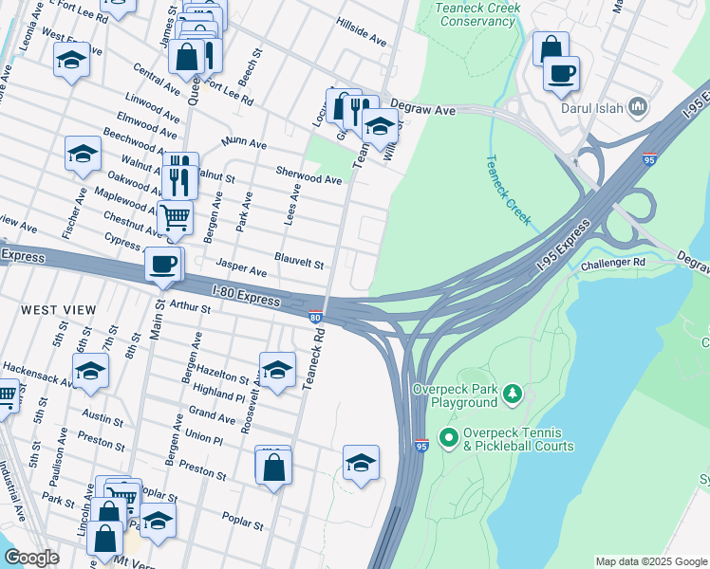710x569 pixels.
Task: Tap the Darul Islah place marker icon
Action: click(x=638, y=106)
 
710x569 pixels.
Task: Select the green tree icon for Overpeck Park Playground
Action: click(x=513, y=392)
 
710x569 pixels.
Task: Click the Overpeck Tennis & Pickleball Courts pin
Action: click(x=448, y=439)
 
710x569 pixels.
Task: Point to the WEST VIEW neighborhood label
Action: click(x=59, y=310)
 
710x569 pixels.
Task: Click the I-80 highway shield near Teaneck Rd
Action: click(x=314, y=318)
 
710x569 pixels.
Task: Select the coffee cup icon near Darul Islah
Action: click(x=561, y=73)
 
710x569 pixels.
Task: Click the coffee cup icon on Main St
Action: click(x=163, y=264)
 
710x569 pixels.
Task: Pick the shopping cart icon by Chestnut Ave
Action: click(x=176, y=217)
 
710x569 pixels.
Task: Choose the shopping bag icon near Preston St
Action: click(x=272, y=467)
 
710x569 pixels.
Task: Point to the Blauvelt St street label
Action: click(x=300, y=258)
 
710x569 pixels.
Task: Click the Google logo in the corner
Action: click(x=30, y=558)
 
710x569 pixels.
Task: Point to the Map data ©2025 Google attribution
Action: click(x=650, y=561)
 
